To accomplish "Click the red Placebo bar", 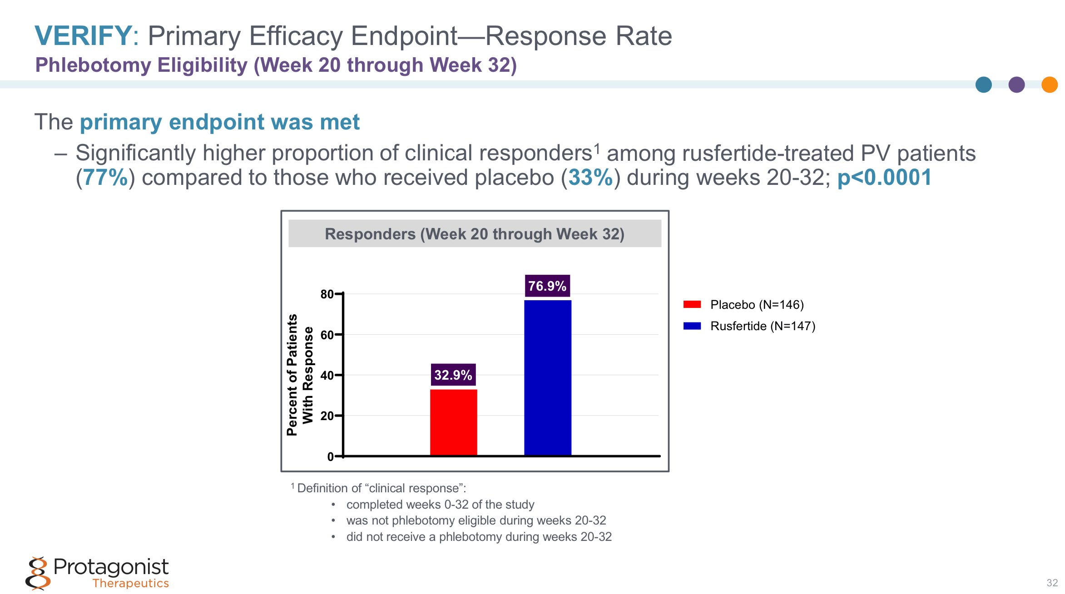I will click(453, 422).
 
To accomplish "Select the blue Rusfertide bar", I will click(547, 377).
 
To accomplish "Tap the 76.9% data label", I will click(547, 286).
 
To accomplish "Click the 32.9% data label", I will click(453, 375).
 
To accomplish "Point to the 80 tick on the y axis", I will click(327, 294).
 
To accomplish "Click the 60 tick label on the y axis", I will click(327, 335).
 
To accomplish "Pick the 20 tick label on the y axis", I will click(327, 416).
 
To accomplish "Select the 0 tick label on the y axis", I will click(330, 457).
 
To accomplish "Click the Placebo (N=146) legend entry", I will click(756, 305).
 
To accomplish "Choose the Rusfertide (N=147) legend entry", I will click(762, 326).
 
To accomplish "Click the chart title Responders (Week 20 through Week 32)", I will click(475, 234).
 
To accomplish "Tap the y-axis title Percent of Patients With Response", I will click(300, 375).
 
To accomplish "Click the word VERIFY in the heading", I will click(83, 36).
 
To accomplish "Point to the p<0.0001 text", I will click(884, 178).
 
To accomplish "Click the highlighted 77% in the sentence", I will click(105, 178).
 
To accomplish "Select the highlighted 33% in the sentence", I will click(590, 178).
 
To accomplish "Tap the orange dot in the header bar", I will click(1049, 85).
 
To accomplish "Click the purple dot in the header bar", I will click(1016, 85).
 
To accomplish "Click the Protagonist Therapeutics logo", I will click(98, 573).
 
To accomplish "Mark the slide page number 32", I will click(1052, 583).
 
